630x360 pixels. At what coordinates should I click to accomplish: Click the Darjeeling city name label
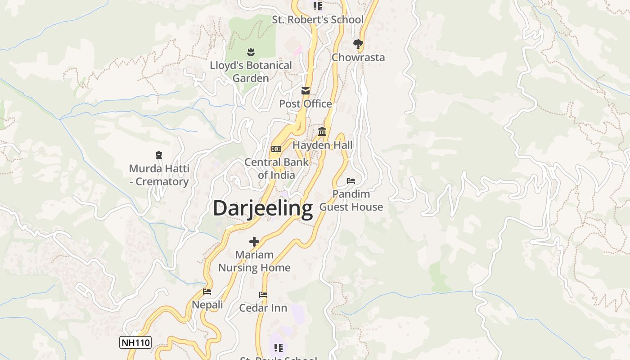(x=263, y=209)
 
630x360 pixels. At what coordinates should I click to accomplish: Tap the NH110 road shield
(x=135, y=342)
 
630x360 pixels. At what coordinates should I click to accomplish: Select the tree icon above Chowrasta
(x=358, y=44)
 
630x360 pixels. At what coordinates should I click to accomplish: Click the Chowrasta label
(x=358, y=58)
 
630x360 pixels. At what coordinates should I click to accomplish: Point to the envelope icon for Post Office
(x=306, y=91)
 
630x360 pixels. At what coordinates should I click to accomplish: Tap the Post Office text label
(x=306, y=104)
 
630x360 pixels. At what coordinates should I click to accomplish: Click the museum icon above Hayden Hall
(x=322, y=131)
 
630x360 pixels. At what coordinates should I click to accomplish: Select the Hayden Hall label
(x=322, y=145)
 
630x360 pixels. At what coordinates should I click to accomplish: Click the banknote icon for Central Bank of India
(x=276, y=149)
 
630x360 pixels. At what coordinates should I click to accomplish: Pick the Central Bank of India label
(x=276, y=169)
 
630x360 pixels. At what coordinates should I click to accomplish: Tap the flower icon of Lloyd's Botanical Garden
(x=251, y=52)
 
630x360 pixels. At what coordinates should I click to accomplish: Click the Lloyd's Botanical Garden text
(x=251, y=72)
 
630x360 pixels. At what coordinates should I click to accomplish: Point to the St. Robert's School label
(x=318, y=20)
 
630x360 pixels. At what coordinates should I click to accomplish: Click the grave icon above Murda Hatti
(x=158, y=155)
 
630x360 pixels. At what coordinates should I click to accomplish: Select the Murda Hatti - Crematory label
(x=159, y=175)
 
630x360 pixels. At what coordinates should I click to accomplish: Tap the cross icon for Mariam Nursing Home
(x=254, y=241)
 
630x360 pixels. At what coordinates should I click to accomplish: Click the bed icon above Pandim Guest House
(x=351, y=181)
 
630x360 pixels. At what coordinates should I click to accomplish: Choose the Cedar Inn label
(x=263, y=308)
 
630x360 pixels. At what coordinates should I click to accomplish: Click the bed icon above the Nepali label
(x=207, y=292)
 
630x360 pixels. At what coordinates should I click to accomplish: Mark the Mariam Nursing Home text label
(x=254, y=261)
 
